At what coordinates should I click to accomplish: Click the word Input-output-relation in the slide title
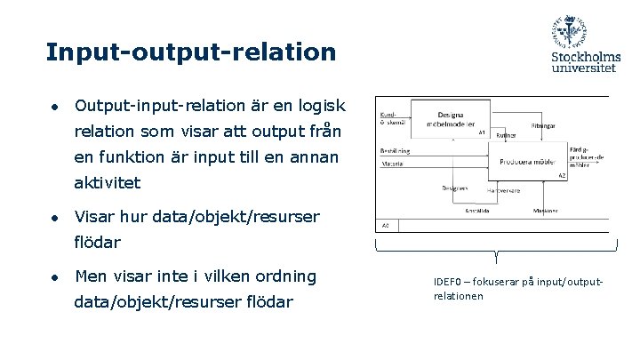click(x=191, y=52)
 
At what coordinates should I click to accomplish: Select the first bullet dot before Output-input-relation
click(x=54, y=107)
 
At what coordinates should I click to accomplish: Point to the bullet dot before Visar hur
click(x=54, y=217)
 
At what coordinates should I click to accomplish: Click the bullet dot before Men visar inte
click(x=54, y=276)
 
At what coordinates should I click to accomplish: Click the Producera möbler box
click(x=528, y=161)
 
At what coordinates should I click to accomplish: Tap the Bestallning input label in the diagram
click(x=395, y=151)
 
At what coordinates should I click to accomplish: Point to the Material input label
click(x=392, y=164)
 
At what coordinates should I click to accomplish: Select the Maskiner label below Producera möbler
click(x=545, y=211)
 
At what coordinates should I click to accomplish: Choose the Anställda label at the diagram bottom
click(x=478, y=211)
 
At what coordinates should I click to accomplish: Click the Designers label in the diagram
click(x=454, y=188)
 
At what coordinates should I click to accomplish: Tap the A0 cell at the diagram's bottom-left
click(x=385, y=226)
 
